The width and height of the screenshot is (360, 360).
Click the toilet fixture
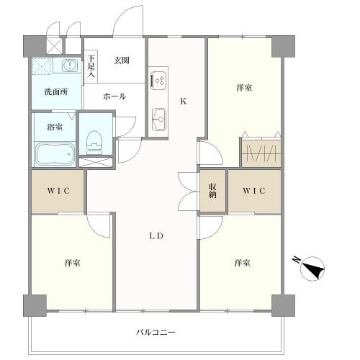pos(95,142)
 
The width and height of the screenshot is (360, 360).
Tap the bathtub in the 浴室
pos(55,153)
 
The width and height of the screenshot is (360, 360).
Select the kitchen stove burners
pos(158,80)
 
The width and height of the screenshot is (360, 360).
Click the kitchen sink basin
pos(158,120)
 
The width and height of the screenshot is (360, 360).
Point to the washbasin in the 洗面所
pos(70,65)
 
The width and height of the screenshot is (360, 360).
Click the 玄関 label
pos(122,60)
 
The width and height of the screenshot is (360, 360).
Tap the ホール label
pos(114,96)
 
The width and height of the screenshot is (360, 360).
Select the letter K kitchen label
pos(184,102)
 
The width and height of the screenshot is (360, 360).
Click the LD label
pos(156,236)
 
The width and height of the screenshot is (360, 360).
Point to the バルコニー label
pos(156,332)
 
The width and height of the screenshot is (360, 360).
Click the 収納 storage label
pos(212,191)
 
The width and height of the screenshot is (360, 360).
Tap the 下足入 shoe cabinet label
pos(91,66)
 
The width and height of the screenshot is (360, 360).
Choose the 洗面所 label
pos(56,92)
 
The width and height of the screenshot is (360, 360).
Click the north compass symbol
pos(312,268)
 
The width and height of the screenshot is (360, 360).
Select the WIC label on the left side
pos(58,191)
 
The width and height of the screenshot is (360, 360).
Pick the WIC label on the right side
pos(254,191)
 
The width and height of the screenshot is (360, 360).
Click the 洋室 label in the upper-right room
pos(244,88)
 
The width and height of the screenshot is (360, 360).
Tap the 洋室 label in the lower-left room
pos(72,263)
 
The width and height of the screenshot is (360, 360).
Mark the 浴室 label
pos(55,127)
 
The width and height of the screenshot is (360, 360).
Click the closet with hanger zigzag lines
pos(261,153)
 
